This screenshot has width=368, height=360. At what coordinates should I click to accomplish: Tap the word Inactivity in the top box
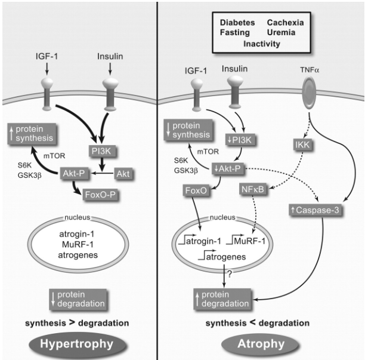point(261,44)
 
